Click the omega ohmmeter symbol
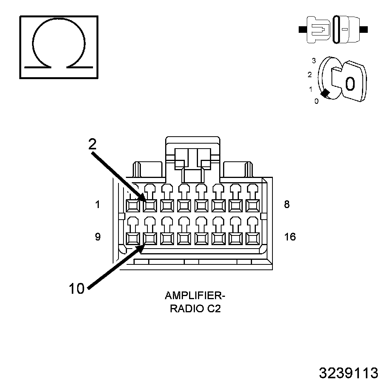pyautogui.click(x=59, y=47)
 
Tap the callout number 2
pyautogui.click(x=92, y=144)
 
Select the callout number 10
pyautogui.click(x=77, y=288)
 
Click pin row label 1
pyautogui.click(x=98, y=204)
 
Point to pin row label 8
pyautogui.click(x=287, y=204)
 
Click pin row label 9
pyautogui.click(x=98, y=237)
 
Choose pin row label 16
pyautogui.click(x=290, y=237)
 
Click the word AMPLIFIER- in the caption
pyautogui.click(x=195, y=296)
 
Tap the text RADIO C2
pyautogui.click(x=195, y=309)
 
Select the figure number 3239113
pyautogui.click(x=348, y=373)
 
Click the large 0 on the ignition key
pyautogui.click(x=350, y=84)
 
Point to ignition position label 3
pyautogui.click(x=314, y=61)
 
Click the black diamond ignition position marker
pyautogui.click(x=326, y=93)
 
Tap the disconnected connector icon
pyautogui.click(x=333, y=29)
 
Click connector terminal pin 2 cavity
pyautogui.click(x=149, y=205)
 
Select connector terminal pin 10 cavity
pyautogui.click(x=149, y=238)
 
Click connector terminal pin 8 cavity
pyautogui.click(x=253, y=205)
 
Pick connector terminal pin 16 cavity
pyautogui.click(x=253, y=238)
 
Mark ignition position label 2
pyautogui.click(x=310, y=74)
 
